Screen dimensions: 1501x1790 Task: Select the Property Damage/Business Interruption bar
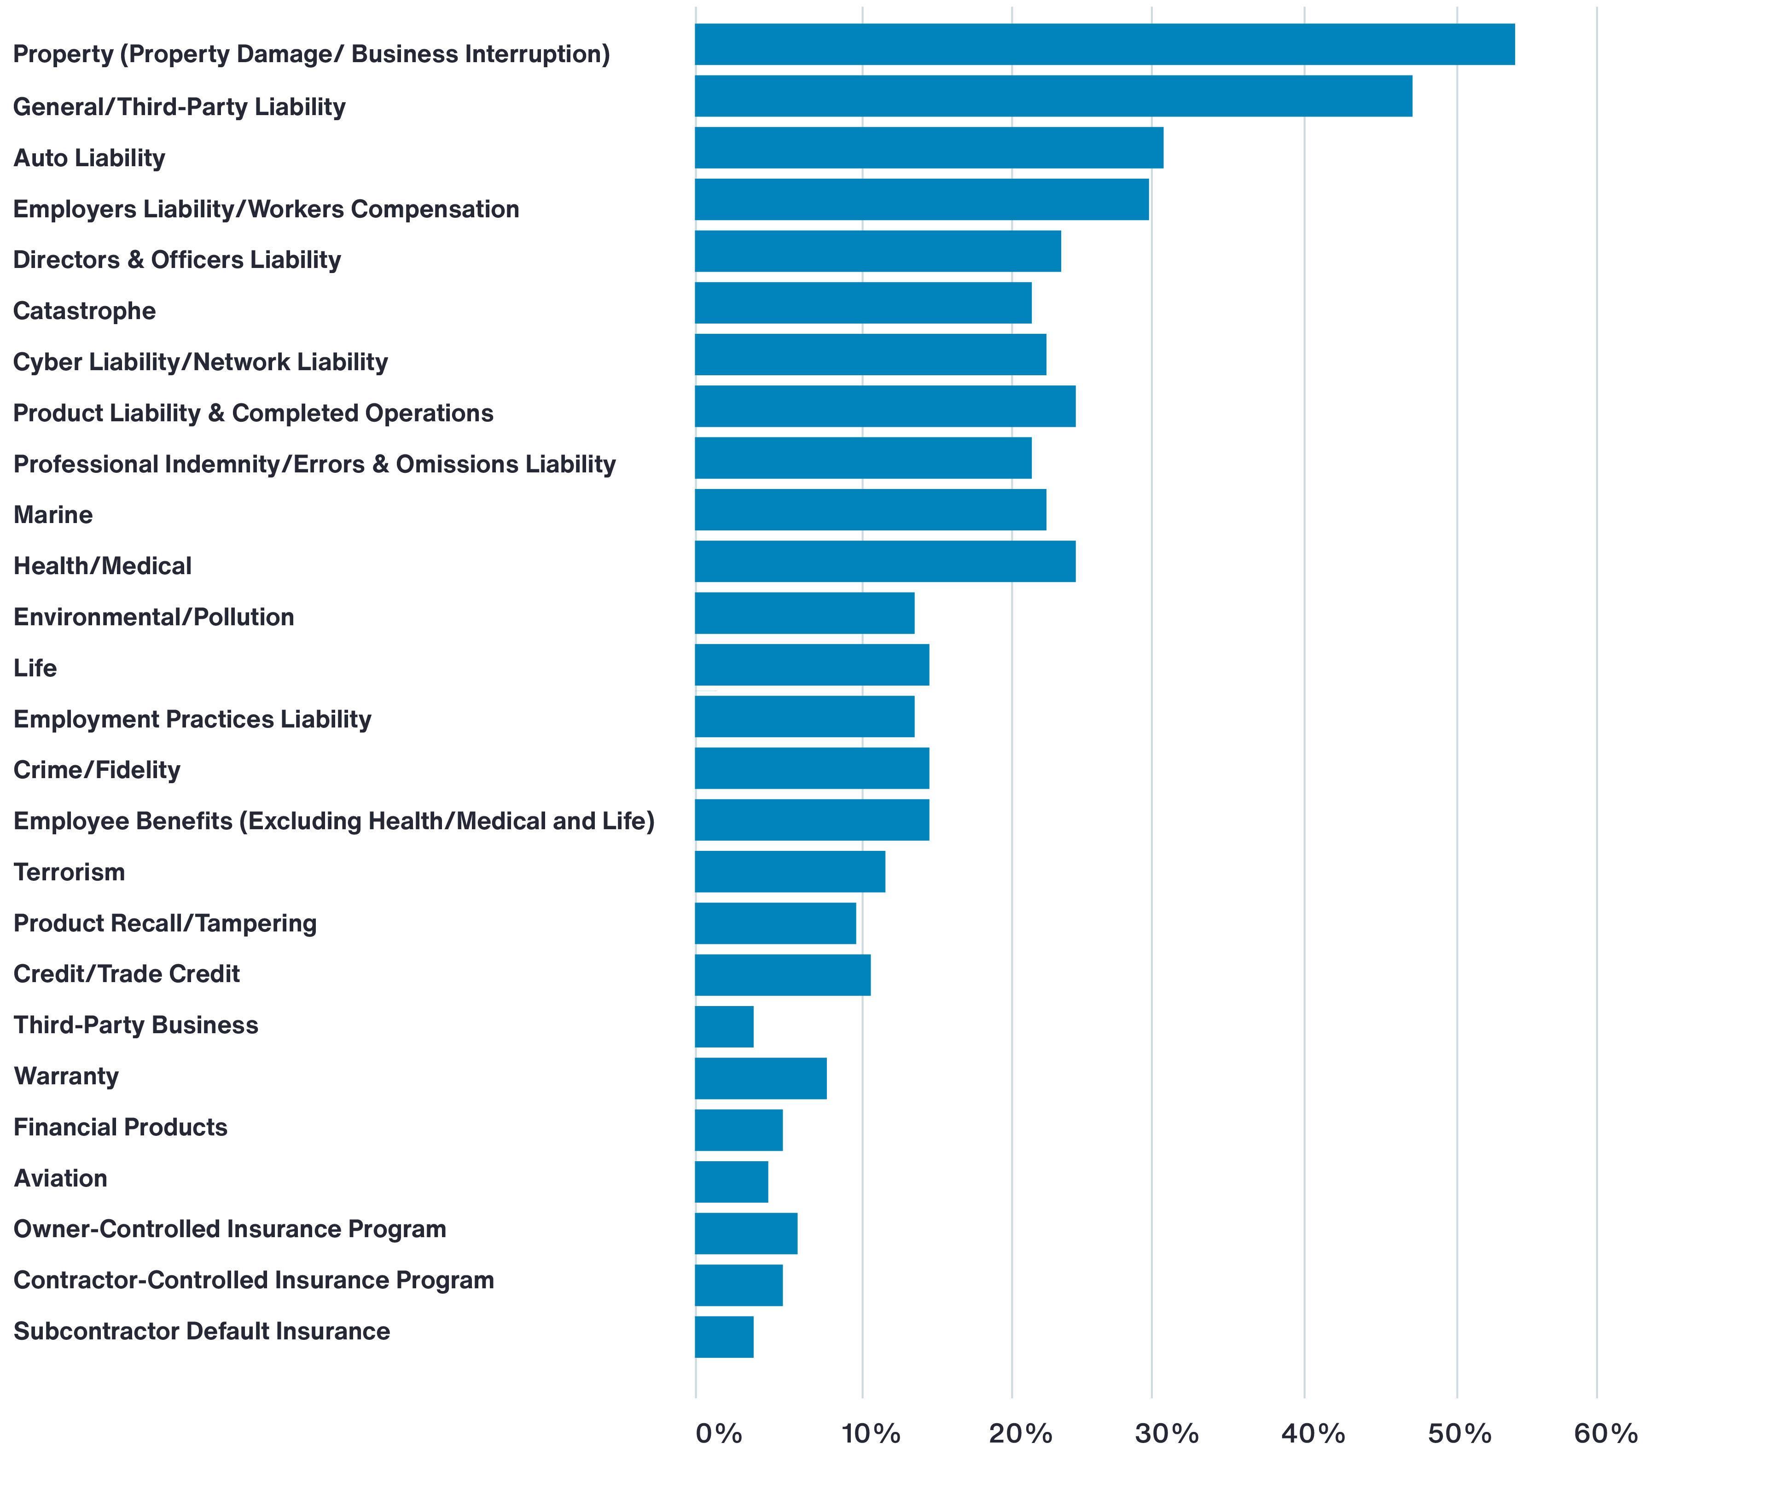coord(1104,44)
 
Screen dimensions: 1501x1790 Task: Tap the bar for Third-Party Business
coord(725,1027)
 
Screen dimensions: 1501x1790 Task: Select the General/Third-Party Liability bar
coord(1053,96)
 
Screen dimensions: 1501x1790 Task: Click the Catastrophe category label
coord(84,311)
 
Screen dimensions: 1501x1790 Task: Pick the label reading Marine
coord(53,515)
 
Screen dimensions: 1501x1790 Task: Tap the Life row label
coord(35,668)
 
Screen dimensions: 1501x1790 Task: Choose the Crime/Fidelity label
coord(97,771)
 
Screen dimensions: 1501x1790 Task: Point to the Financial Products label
coord(120,1128)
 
